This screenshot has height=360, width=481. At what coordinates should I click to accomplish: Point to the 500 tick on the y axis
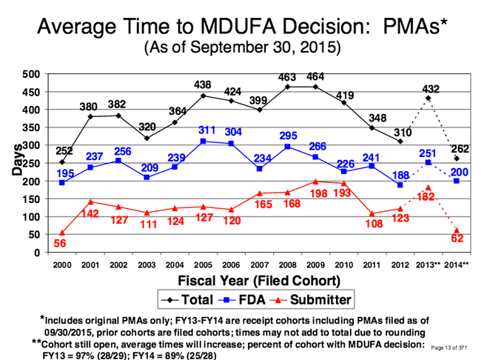click(x=31, y=74)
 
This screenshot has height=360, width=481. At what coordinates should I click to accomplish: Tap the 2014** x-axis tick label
click(x=457, y=264)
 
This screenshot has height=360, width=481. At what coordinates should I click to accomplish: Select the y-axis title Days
click(x=16, y=163)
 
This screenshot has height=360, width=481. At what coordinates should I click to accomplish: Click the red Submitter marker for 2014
click(x=457, y=230)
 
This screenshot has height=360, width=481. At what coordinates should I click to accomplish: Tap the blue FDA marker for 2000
click(x=61, y=183)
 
